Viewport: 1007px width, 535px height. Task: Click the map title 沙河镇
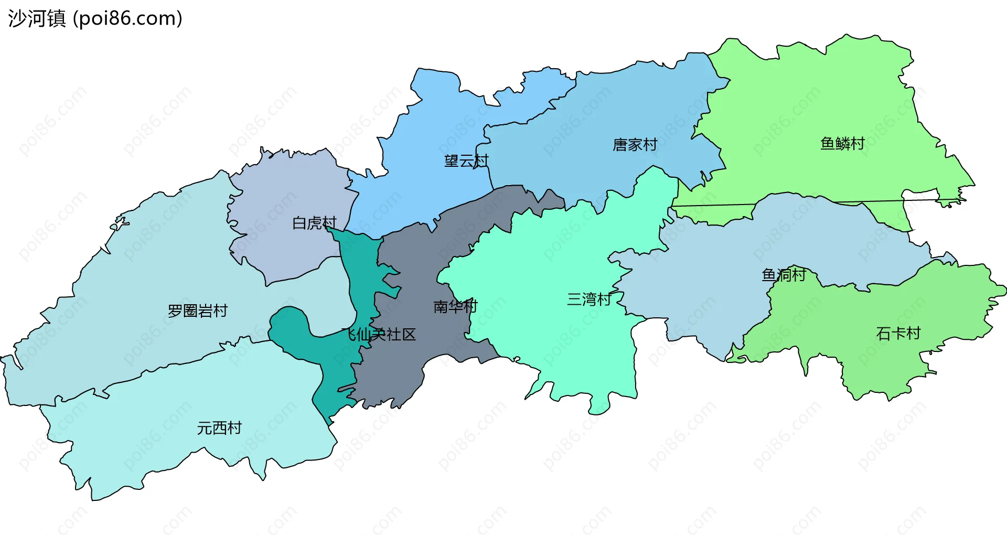point(37,18)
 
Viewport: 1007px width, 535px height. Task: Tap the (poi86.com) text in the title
point(127,18)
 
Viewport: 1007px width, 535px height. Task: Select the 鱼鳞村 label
point(842,143)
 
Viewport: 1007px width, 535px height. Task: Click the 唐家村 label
point(635,145)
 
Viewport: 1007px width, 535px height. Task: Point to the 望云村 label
point(466,160)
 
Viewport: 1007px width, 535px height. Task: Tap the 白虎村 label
point(314,223)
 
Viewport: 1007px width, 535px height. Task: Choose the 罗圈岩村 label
point(198,311)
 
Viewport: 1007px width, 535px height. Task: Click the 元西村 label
point(219,428)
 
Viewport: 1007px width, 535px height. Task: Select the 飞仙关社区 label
point(379,334)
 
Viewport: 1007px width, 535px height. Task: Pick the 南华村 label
point(455,306)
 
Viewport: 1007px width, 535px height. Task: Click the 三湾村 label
point(589,299)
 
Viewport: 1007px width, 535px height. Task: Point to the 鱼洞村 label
point(784,274)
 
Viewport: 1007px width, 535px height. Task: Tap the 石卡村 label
point(898,333)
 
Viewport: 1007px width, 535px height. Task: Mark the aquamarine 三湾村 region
point(551,252)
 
